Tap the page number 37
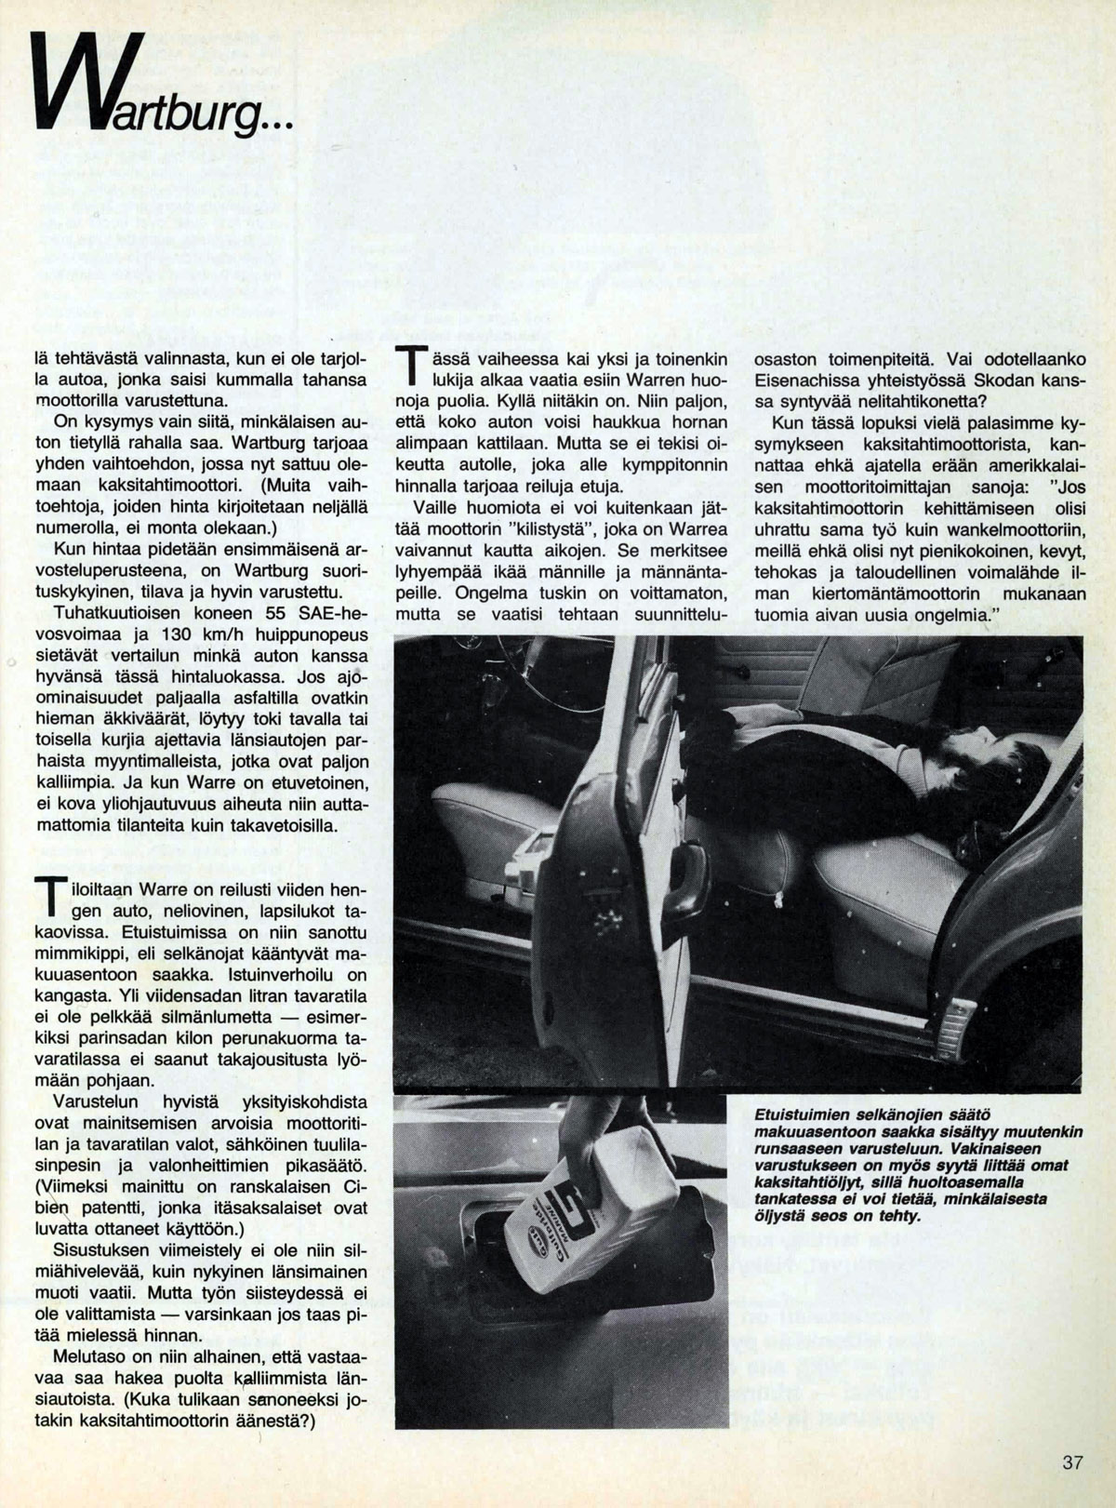click(1072, 1461)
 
